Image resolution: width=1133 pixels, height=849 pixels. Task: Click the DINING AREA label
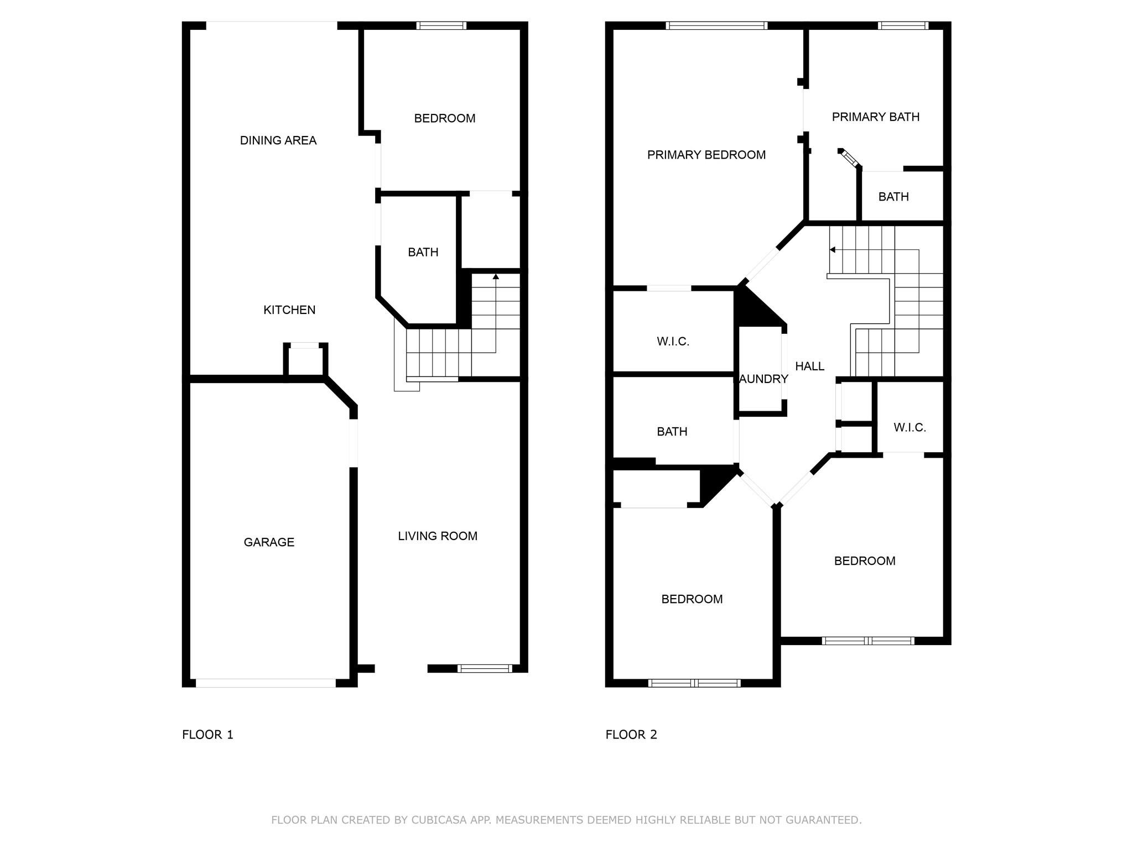(x=278, y=140)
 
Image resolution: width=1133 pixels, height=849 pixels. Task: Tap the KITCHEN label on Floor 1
(x=289, y=310)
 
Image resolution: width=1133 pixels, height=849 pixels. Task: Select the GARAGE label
(x=269, y=542)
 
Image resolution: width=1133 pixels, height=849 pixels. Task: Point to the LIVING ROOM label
(x=437, y=536)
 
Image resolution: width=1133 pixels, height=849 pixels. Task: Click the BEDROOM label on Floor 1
(x=444, y=118)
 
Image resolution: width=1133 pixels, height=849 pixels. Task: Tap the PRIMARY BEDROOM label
(x=706, y=155)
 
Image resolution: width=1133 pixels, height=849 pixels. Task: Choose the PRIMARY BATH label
(x=875, y=117)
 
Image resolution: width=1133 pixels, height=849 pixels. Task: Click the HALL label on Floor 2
(x=809, y=366)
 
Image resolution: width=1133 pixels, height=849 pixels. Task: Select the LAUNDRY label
(x=763, y=379)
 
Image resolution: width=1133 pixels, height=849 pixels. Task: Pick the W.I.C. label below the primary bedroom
(x=673, y=342)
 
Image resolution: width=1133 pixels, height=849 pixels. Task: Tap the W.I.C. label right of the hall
(x=909, y=427)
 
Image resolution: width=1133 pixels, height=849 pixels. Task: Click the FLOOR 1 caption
(x=207, y=735)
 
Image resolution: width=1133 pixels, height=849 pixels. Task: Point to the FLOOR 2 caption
(x=631, y=735)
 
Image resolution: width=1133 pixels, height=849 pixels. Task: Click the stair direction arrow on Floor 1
(x=496, y=276)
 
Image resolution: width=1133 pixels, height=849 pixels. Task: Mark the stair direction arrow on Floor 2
(x=832, y=250)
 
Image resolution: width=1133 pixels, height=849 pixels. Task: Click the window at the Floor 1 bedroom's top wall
(x=441, y=25)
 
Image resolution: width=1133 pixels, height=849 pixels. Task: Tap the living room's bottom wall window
(x=485, y=668)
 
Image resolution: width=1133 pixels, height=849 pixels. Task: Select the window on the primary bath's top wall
(x=902, y=25)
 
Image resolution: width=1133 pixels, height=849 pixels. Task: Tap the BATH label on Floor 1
(x=423, y=252)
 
